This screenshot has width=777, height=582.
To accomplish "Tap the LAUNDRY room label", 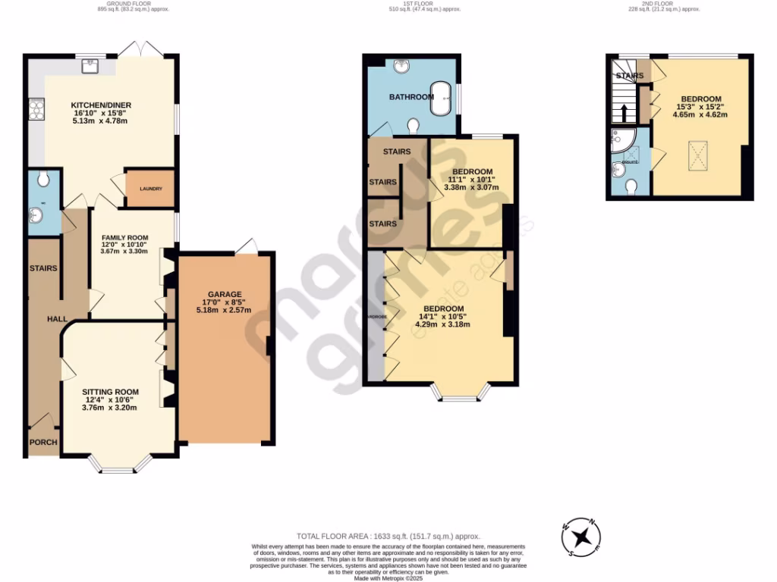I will [x=150, y=189].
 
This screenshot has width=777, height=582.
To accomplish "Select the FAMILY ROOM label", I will [x=125, y=238].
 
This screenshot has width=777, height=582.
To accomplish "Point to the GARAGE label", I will [x=225, y=294].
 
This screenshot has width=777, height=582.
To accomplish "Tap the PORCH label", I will [x=43, y=443].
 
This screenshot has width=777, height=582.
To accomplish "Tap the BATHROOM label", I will [x=411, y=97].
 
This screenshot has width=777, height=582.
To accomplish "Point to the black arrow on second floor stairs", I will [x=624, y=114].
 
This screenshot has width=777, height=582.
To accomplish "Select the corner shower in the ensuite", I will [x=620, y=137].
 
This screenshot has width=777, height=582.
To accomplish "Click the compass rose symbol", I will [x=582, y=537].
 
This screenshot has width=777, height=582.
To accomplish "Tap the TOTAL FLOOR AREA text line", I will [x=388, y=536].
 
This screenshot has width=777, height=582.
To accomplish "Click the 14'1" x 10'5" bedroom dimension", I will [x=442, y=317].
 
